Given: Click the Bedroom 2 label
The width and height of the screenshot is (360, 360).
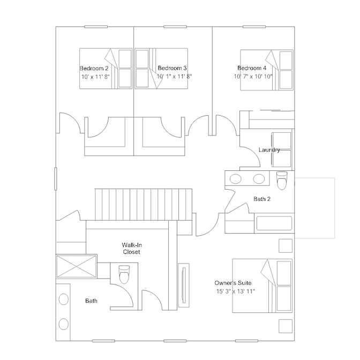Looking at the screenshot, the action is point(94,69).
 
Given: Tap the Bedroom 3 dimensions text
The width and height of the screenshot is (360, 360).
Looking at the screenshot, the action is point(174,77).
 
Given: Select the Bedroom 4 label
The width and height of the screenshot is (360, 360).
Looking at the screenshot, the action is point(252,68).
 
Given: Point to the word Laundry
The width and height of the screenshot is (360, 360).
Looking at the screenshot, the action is point(269,150).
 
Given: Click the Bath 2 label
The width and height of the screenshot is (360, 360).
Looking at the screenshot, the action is point(262,199).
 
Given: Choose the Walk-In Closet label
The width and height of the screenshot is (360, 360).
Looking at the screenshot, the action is point(132,249).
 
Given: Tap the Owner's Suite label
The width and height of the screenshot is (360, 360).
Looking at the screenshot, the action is point(233,283).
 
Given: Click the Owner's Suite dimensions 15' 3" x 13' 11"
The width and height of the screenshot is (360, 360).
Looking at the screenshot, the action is point(236,291).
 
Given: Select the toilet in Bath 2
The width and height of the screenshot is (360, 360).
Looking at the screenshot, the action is point(282,181).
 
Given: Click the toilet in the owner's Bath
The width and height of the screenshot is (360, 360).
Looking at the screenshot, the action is point(124,274).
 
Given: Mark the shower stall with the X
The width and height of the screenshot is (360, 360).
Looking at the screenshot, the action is point(77,266).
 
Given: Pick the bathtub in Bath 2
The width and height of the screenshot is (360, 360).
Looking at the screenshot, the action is point(274,223).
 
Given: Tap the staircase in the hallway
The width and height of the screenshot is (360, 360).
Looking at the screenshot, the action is point(144,205).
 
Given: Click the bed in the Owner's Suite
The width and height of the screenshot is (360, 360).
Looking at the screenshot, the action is point(262,286).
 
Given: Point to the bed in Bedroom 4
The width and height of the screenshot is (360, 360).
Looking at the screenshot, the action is point(267,70).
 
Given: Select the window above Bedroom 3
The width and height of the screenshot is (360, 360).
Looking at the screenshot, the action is point(175,27).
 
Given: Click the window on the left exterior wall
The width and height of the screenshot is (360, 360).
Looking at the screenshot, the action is point(56,179).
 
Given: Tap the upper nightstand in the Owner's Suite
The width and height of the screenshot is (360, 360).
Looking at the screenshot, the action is point(286,246).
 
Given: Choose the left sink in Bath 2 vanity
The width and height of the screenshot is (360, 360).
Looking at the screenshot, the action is point(236,179).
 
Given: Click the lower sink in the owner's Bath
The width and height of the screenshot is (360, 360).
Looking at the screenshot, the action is point(64,324).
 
